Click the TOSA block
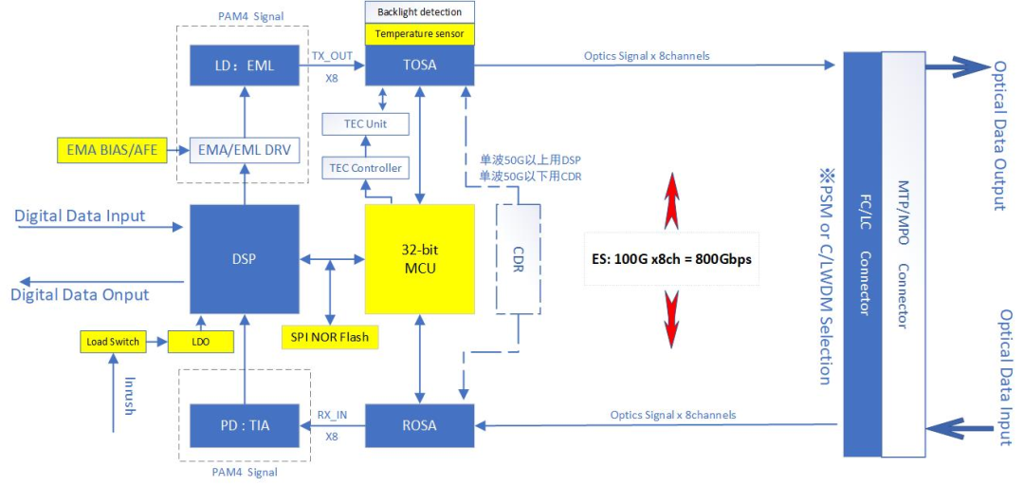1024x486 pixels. pos(419,66)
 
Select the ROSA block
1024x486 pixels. pos(419,425)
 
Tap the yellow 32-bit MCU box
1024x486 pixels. pos(420,258)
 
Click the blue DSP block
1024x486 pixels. pos(244,258)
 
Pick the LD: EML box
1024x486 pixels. pos(245,66)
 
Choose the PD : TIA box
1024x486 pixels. pos(244,425)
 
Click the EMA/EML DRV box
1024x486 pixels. pos(245,149)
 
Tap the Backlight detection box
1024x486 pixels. pos(419,12)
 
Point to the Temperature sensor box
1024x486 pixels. pos(419,34)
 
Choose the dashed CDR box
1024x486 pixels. pos(518,258)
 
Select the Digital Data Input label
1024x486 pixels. pos(81,215)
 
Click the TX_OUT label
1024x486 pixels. pos(331,57)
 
